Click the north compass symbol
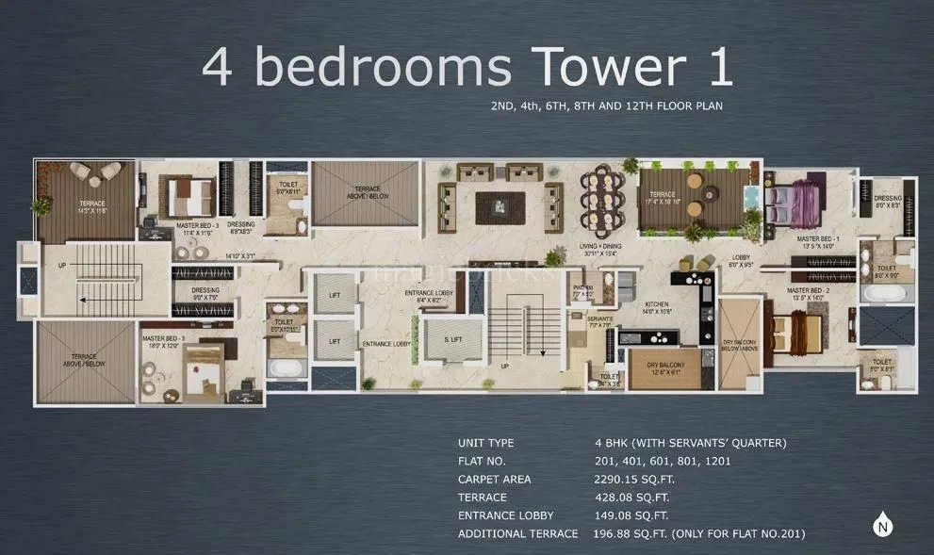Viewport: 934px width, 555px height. click(882, 523)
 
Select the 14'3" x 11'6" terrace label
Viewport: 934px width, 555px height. click(92, 206)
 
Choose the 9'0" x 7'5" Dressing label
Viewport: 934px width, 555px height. click(205, 294)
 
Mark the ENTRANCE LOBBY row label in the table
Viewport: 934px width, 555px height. click(505, 515)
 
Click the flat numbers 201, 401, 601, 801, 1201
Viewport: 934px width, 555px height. click(663, 461)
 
